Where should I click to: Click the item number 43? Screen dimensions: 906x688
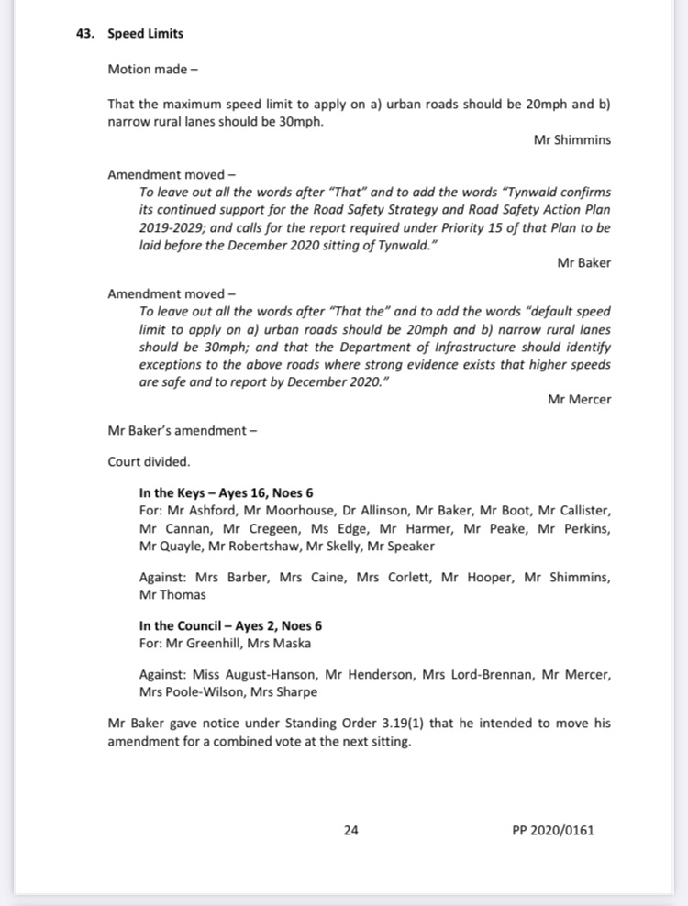[x=85, y=34]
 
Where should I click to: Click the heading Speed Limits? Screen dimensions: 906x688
[x=145, y=34]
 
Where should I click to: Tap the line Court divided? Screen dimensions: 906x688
[x=149, y=461]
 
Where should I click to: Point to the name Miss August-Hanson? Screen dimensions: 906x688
[x=253, y=675]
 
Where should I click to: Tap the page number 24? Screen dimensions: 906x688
[x=350, y=831]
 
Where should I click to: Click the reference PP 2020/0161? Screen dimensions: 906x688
[x=553, y=831]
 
